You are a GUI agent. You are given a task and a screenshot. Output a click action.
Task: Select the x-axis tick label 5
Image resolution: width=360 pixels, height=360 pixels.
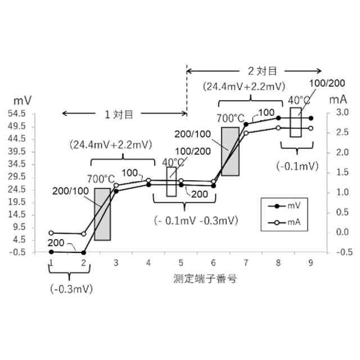tap(181, 263)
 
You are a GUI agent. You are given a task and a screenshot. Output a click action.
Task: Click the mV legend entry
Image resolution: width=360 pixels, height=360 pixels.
tap(285, 206)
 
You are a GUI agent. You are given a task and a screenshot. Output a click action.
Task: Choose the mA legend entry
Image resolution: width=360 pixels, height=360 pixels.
tap(285, 223)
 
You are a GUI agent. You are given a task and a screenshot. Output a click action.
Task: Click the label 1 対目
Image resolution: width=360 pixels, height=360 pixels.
tap(118, 114)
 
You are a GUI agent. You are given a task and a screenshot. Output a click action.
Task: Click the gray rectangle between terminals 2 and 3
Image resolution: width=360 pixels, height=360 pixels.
tap(102, 214)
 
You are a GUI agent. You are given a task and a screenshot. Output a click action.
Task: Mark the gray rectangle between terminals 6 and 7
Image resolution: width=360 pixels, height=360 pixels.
tap(230, 151)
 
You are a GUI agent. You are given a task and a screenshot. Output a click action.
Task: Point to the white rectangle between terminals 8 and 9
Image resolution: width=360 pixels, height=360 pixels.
tap(296, 121)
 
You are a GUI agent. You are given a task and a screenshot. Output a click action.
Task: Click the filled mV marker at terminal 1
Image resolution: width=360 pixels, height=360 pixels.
tap(51, 252)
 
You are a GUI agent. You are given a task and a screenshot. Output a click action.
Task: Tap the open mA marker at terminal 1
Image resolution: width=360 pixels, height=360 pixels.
tap(51, 233)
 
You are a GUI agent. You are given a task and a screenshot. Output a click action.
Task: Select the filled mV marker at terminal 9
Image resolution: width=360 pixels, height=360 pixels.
tap(311, 118)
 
